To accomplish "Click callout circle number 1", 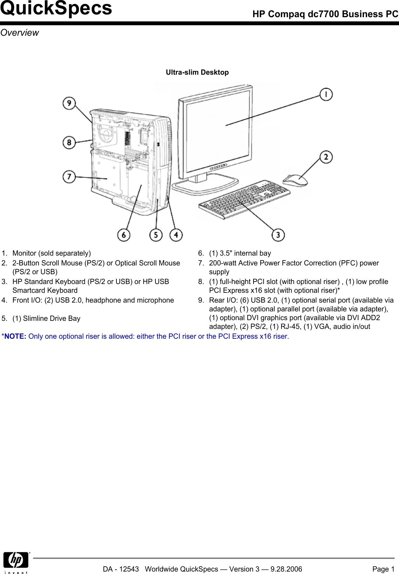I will [x=326, y=94].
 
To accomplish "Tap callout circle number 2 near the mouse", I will [x=326, y=157].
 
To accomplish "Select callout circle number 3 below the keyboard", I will [x=278, y=235].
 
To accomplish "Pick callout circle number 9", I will [x=69, y=103].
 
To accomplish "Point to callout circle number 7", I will [x=69, y=176].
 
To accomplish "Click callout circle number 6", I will [x=123, y=235].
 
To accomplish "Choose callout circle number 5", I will [x=156, y=235].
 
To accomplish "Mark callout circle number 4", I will [x=176, y=235].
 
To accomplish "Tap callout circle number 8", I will [x=69, y=142].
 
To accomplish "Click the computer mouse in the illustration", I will [x=295, y=180].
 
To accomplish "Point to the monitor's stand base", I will [x=205, y=186].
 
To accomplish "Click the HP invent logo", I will [x=16, y=562].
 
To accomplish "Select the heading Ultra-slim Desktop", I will [x=197, y=72].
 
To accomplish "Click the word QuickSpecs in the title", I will [x=56, y=8].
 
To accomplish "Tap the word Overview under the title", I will [x=20, y=33].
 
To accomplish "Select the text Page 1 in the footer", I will [x=383, y=569].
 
